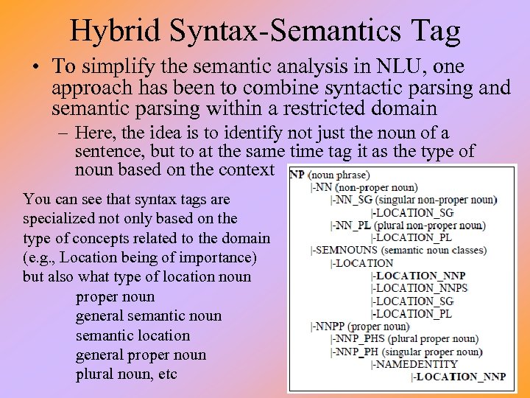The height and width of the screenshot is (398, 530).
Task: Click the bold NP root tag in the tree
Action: pyautogui.click(x=297, y=175)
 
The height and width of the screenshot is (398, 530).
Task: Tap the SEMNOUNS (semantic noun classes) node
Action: pyautogui.click(x=398, y=250)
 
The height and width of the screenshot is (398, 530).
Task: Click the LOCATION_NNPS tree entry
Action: pyautogui.click(x=421, y=288)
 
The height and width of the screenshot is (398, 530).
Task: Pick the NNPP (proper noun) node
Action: pyautogui.click(x=361, y=326)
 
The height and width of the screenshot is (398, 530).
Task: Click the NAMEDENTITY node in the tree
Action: pyautogui.click(x=416, y=363)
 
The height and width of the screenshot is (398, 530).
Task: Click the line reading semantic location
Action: pyautogui.click(x=132, y=335)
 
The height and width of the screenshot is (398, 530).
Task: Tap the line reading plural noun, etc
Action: pyautogui.click(x=126, y=374)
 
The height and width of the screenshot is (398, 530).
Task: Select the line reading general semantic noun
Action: pyautogui.click(x=148, y=316)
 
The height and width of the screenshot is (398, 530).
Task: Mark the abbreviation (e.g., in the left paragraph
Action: pyautogui.click(x=40, y=257)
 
